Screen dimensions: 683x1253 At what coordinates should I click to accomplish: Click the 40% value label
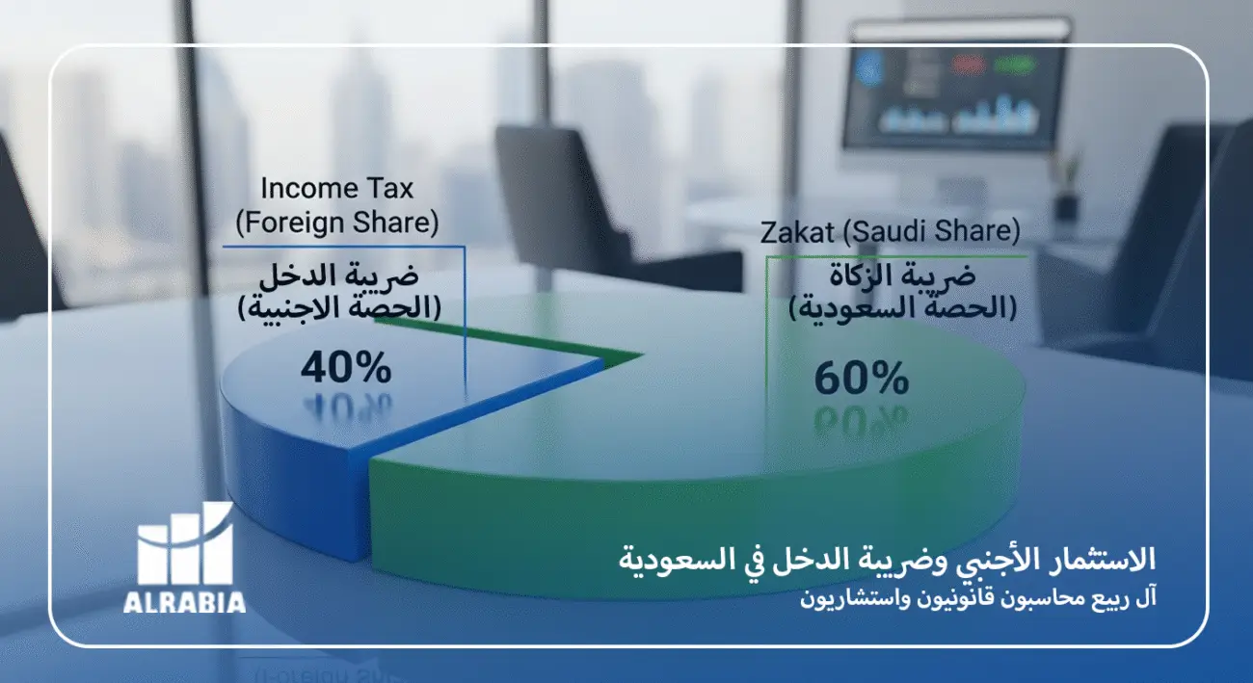346,367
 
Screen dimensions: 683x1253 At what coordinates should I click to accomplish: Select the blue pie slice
289,453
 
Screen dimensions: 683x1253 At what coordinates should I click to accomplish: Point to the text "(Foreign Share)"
337,223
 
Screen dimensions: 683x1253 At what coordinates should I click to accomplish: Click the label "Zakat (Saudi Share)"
890,232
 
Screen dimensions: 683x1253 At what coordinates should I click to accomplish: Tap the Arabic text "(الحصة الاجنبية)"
337,308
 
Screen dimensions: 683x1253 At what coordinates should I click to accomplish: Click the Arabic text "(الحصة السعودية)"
902,309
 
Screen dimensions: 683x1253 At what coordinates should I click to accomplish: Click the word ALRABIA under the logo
184,603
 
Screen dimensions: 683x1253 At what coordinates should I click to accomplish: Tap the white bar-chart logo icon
185,544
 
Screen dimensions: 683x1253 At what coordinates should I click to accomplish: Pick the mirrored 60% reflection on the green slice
861,420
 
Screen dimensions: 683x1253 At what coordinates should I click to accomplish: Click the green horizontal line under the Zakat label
896,257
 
